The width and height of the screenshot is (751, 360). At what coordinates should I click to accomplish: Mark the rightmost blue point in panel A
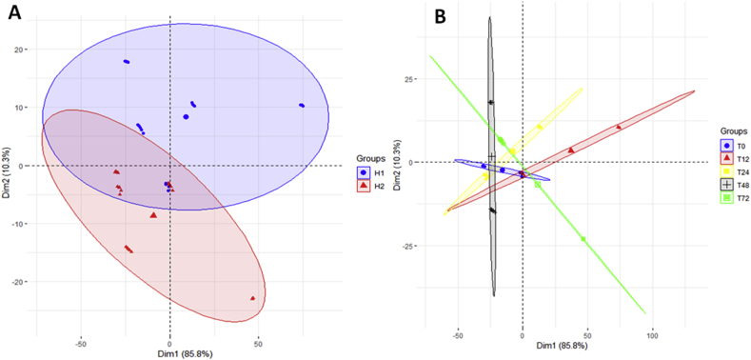302,106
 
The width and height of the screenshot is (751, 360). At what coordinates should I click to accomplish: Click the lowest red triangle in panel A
253,298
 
